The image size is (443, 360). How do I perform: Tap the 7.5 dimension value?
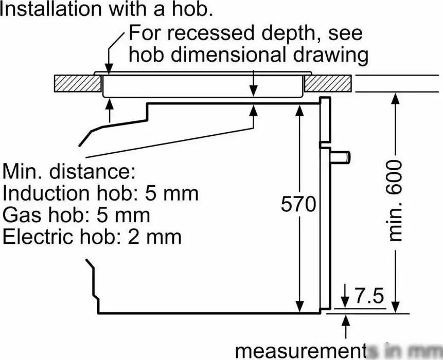pyautogui.click(x=369, y=297)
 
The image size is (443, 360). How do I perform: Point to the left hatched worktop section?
pyautogui.click(x=77, y=83)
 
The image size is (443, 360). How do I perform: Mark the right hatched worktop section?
pyautogui.click(x=328, y=83)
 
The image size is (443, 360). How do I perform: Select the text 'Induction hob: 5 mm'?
pyautogui.click(x=100, y=193)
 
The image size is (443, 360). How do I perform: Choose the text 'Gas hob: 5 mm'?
pyautogui.click(x=77, y=215)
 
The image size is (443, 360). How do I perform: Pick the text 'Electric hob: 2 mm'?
pyautogui.click(x=92, y=237)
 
